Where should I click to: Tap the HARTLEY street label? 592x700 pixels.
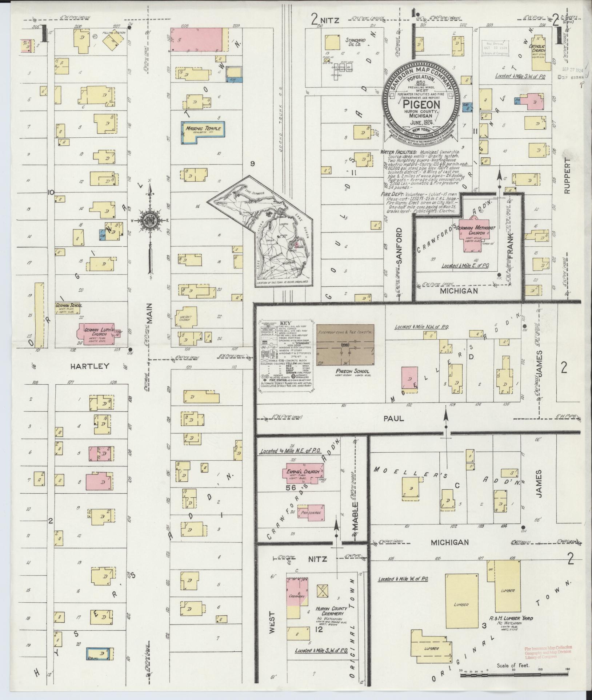tap(89, 366)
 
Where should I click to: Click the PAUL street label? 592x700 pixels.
tap(393, 418)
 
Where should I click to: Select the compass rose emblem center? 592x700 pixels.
tap(149, 220)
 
